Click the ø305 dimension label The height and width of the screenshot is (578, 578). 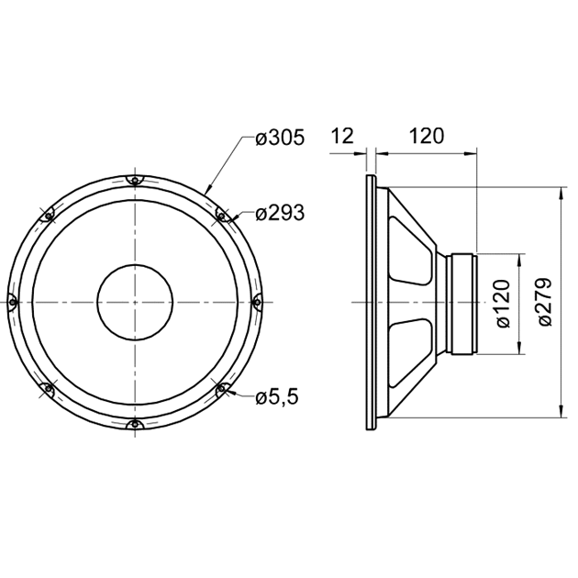(279, 139)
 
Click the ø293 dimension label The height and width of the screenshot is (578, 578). (279, 214)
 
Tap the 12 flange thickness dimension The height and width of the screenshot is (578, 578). (341, 137)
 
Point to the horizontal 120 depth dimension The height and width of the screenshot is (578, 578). (426, 137)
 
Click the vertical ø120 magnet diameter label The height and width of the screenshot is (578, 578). (502, 303)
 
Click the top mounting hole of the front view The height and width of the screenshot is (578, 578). (134, 180)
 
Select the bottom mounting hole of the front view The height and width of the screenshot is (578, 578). (134, 423)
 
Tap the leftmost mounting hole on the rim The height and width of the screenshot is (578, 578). (13, 301)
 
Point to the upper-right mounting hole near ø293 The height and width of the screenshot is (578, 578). (220, 216)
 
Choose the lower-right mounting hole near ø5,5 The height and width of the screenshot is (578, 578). (220, 389)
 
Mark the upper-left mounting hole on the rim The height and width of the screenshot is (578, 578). (48, 216)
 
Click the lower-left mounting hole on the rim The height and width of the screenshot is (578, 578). (48, 389)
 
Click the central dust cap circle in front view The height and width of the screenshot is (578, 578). (134, 302)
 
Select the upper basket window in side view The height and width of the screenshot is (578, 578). (410, 251)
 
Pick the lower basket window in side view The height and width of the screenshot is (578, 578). (410, 351)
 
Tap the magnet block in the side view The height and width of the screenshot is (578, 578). (461, 302)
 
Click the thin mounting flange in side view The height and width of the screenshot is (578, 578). (369, 302)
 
